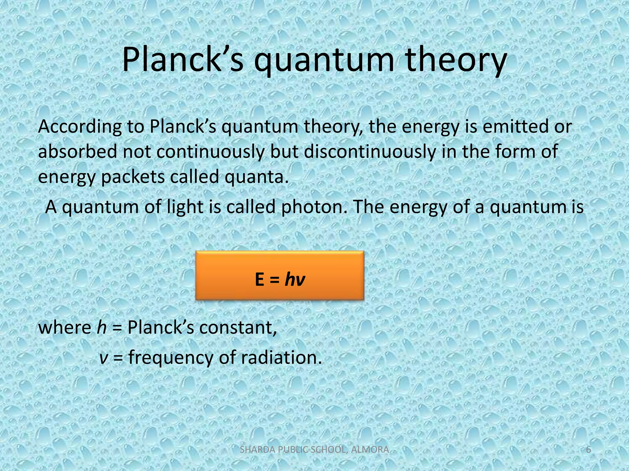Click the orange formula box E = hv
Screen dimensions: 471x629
(279, 275)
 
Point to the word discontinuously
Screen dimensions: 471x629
(370, 152)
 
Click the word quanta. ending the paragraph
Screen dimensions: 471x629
(257, 177)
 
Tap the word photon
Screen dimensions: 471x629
(314, 207)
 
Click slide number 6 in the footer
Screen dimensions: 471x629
(588, 450)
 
